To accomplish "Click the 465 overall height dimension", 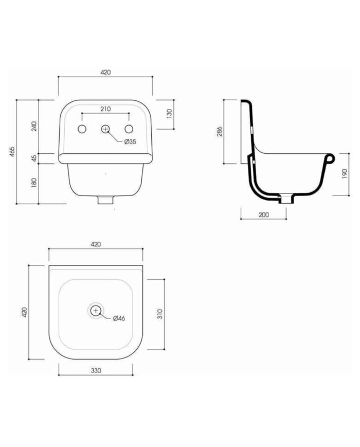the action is [x=12, y=152].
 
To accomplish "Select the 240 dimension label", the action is [x=34, y=126].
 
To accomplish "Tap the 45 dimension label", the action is [x=34, y=158].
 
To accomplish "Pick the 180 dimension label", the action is [x=34, y=183].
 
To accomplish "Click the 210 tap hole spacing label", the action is [x=105, y=109].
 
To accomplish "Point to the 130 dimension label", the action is [x=170, y=114].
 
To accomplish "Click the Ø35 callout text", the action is [x=130, y=141].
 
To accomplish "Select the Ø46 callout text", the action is [x=119, y=318].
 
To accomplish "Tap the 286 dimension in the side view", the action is [x=220, y=131].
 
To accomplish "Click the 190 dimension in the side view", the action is [x=345, y=174].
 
